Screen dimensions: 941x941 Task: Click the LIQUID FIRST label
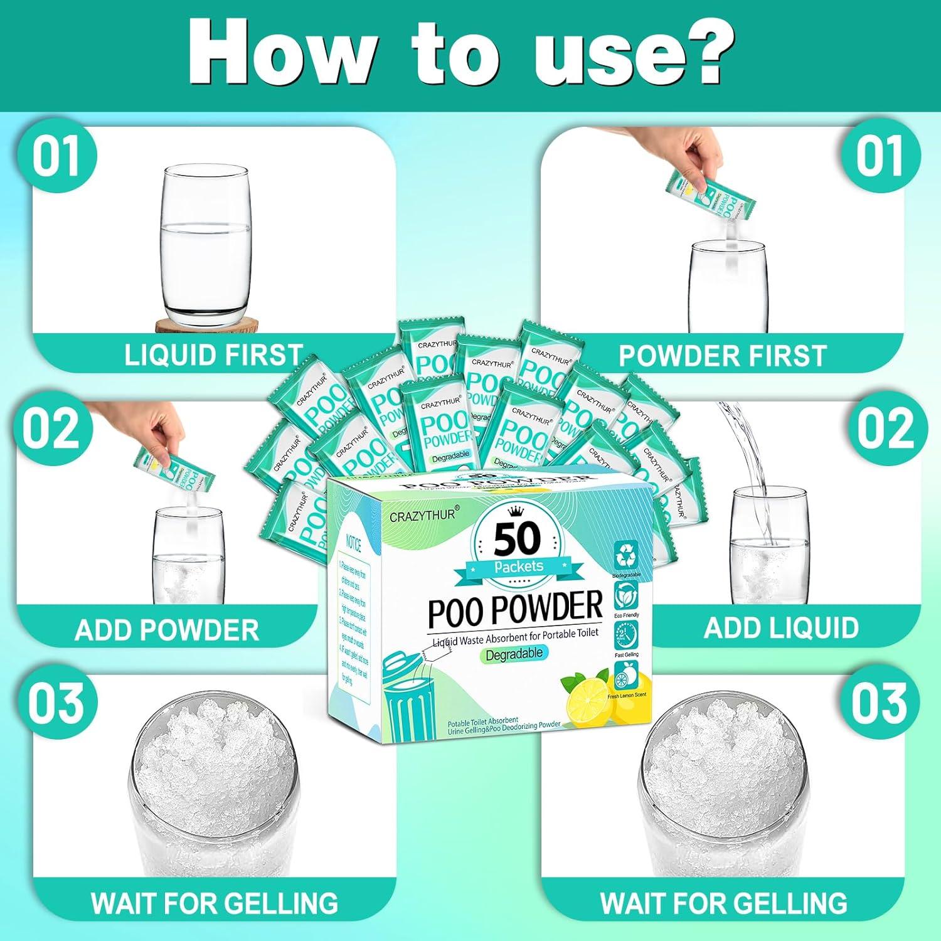click(213, 355)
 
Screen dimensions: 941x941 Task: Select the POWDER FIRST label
click(722, 356)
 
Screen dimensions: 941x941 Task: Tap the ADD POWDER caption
click(166, 630)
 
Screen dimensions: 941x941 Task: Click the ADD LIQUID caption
click(781, 627)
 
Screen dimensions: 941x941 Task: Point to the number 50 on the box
click(516, 538)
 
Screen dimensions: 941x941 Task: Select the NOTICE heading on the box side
click(353, 543)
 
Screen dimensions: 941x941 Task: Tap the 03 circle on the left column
click(56, 703)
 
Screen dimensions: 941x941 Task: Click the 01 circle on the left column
click(56, 157)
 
